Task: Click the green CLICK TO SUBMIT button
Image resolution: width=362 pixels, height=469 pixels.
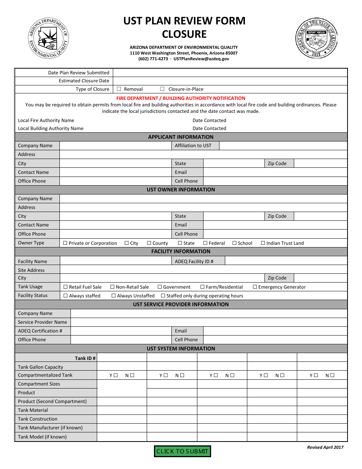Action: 182,451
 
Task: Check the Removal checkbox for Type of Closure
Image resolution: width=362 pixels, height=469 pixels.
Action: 119,89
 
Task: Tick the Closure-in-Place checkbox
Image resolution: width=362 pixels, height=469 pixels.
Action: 162,89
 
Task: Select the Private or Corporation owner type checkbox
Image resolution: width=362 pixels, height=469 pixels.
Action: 65,243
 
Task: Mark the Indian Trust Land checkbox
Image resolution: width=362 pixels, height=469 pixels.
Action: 263,243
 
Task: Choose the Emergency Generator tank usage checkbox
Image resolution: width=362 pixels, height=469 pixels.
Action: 255,287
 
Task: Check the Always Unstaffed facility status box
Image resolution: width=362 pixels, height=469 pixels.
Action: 114,296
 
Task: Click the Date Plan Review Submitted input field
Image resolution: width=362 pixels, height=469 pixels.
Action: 230,72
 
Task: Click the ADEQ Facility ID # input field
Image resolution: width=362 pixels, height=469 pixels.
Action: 286,261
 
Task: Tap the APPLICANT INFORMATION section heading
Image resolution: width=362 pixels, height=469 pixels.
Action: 181,137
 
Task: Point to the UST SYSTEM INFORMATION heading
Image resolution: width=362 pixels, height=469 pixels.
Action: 181,349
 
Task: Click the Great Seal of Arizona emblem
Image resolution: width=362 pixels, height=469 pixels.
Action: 316,38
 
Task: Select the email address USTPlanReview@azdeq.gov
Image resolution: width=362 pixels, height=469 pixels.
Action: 201,59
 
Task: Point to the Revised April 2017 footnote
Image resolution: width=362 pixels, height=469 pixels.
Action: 325,447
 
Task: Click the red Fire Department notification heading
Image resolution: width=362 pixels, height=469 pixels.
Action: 181,98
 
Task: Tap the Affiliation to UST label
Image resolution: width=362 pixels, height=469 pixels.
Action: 193,145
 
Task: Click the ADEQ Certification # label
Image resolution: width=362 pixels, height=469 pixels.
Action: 40,331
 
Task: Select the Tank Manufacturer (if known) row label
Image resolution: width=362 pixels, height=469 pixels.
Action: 50,427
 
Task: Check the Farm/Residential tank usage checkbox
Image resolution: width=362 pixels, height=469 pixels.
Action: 203,287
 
